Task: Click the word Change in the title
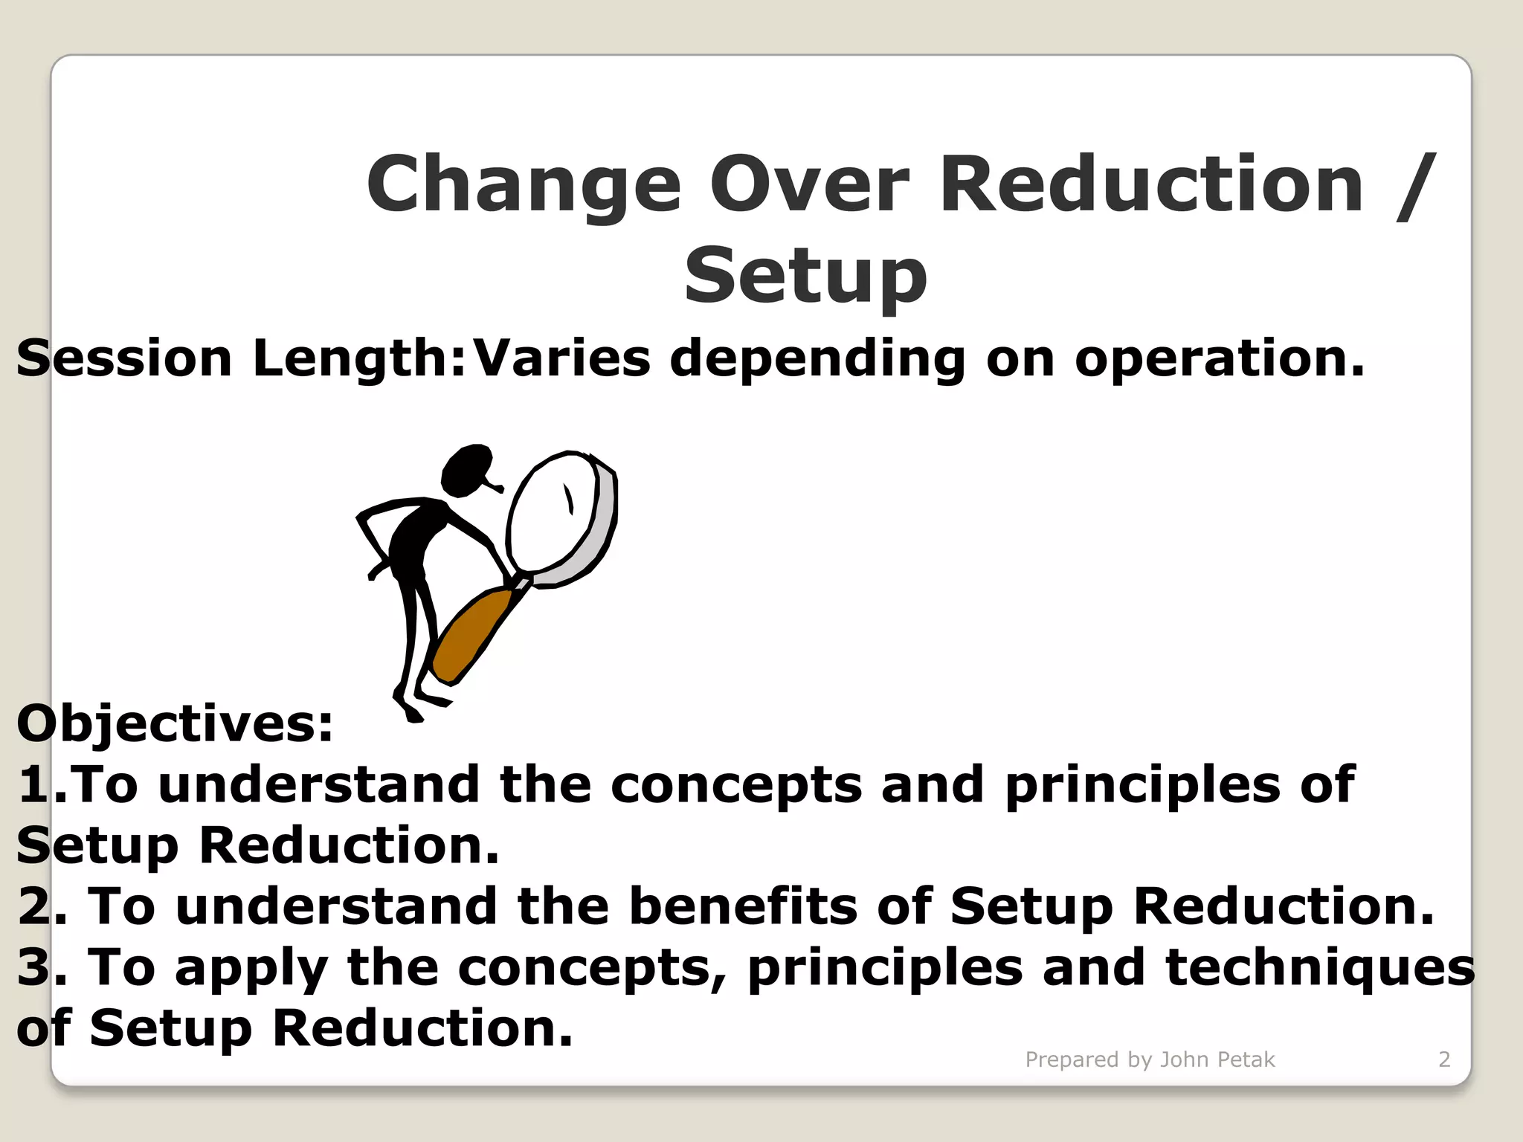[x=524, y=184]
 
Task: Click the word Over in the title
[x=809, y=184]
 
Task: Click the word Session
[x=124, y=358]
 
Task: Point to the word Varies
[x=562, y=358]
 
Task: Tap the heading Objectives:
[x=175, y=723]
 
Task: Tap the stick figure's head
[x=466, y=470]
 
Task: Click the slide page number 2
[x=1444, y=1059]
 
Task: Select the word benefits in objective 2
[x=744, y=906]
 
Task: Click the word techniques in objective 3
[x=1320, y=968]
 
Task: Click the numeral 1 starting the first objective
[x=33, y=785]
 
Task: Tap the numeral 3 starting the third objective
[x=33, y=968]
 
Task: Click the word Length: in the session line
[x=359, y=358]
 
